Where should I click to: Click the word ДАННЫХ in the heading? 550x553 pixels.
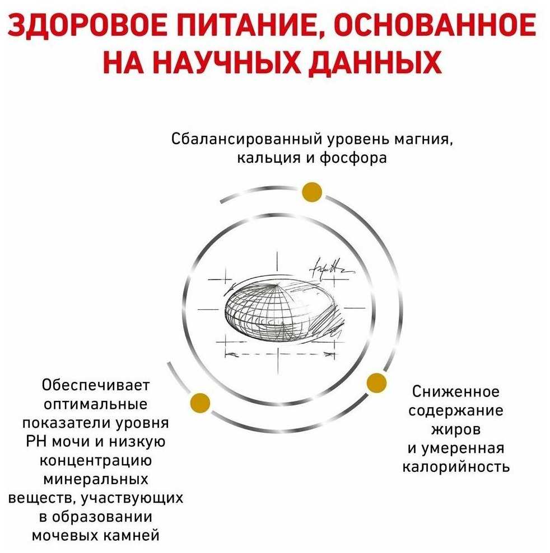(x=387, y=63)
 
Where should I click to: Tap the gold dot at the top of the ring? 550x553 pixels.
(x=311, y=192)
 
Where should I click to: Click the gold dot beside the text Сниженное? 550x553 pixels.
(x=376, y=383)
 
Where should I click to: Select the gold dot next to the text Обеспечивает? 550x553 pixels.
(x=200, y=401)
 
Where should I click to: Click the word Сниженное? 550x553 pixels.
(x=456, y=390)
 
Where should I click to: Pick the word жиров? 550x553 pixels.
(x=455, y=429)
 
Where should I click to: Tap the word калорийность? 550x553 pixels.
(x=456, y=466)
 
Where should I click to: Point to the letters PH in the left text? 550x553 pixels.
(x=37, y=442)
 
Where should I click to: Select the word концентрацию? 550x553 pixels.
(x=96, y=460)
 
